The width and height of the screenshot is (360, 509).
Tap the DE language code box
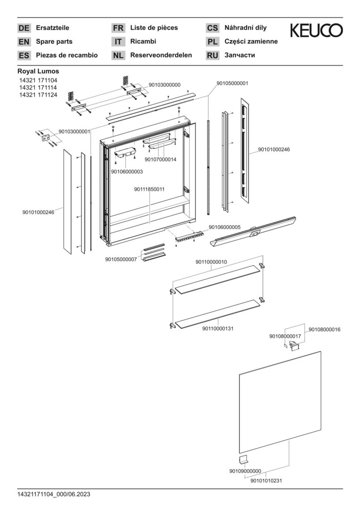pos(24,28)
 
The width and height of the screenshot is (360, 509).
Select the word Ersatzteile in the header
pos(53,28)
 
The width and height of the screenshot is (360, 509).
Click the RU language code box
pos(213,56)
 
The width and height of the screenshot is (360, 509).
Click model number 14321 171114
pos(38,87)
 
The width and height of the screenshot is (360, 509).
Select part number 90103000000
pos(164,85)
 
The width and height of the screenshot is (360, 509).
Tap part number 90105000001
pos(232,83)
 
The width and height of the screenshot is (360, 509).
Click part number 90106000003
pos(127,172)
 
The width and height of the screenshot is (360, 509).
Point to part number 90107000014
pos(161,159)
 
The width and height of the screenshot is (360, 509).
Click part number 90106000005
pos(225,227)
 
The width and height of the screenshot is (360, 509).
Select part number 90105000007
pos(121,259)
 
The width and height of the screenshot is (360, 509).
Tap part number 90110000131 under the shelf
pos(218,328)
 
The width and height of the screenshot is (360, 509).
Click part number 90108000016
pos(324,329)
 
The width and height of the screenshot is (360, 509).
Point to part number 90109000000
pos(245,471)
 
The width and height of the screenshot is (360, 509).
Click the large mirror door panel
pos(280,402)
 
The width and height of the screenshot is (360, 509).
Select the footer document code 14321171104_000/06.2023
pos(54,494)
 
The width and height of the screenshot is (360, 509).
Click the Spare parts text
pos(54,41)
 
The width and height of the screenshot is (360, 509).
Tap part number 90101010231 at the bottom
pos(266,480)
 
